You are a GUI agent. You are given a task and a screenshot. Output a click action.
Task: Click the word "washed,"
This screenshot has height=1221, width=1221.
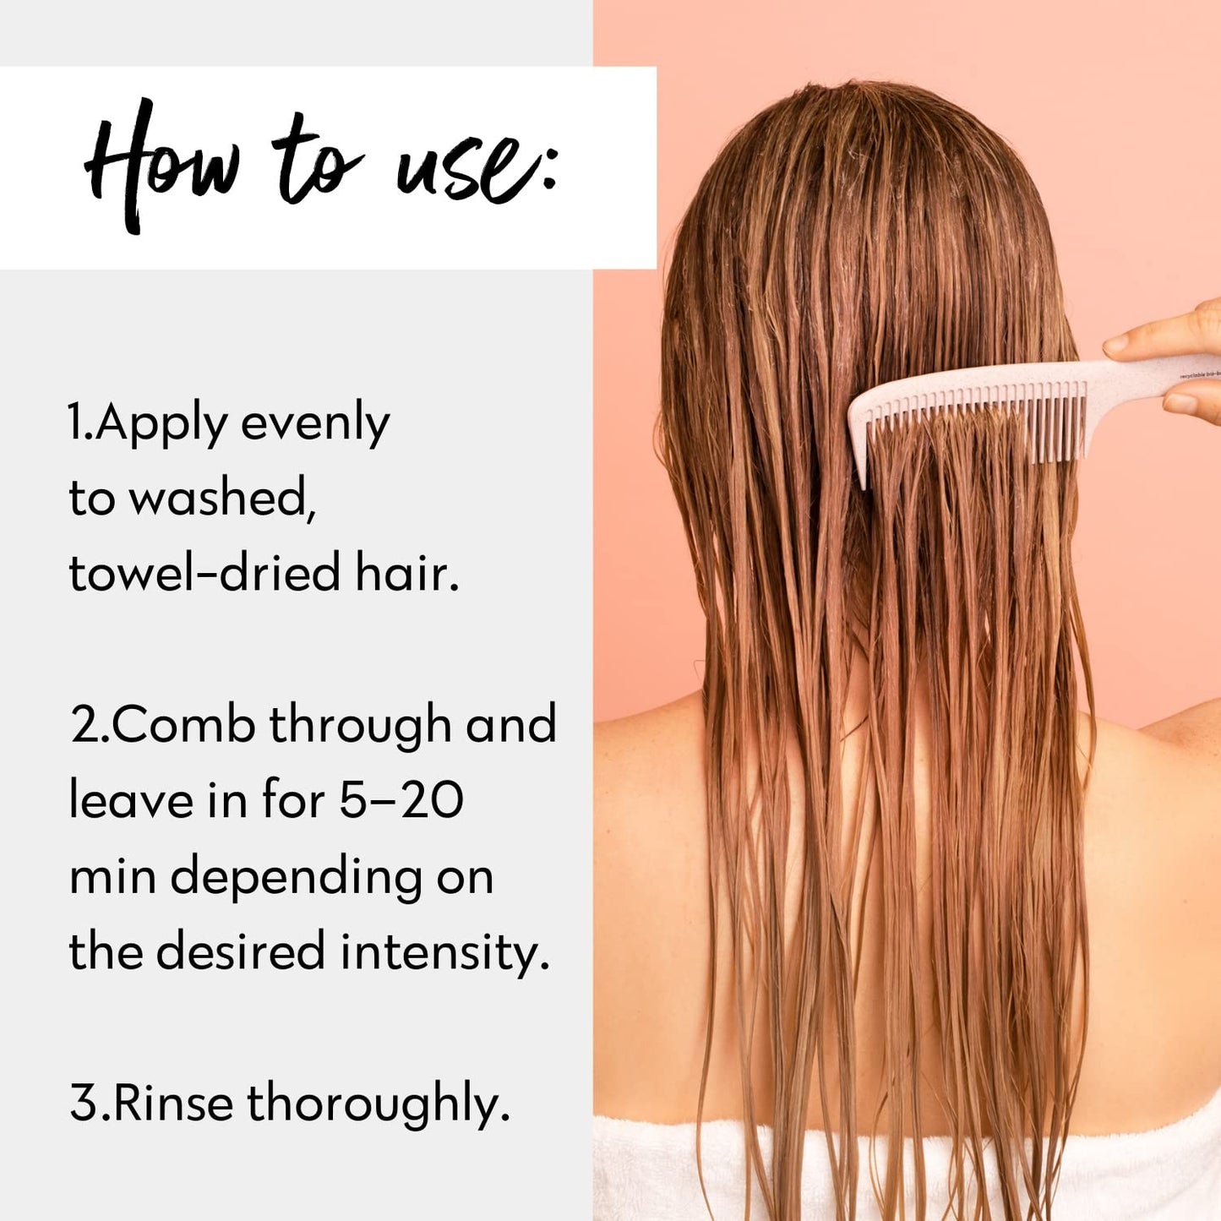tap(222, 499)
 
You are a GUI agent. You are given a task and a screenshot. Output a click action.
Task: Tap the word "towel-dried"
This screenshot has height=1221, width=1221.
tap(204, 573)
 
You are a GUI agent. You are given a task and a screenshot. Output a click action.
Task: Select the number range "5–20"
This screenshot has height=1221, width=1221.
tap(401, 800)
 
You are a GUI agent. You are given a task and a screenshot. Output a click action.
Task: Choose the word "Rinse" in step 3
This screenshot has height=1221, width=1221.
tap(172, 1104)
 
